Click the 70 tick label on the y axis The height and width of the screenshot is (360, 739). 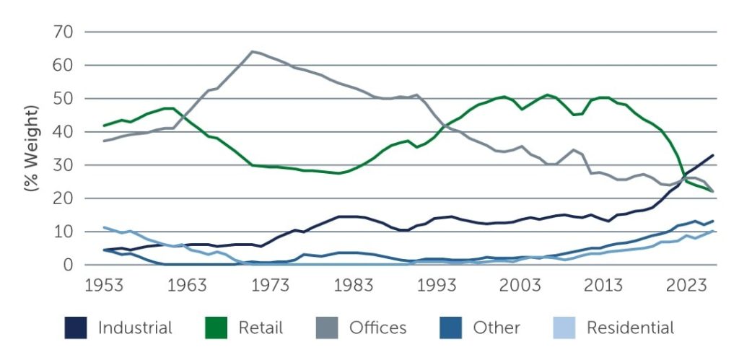pyautogui.click(x=64, y=32)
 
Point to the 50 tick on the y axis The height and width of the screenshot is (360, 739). pyautogui.click(x=64, y=98)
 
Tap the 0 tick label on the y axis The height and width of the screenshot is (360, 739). pyautogui.click(x=69, y=265)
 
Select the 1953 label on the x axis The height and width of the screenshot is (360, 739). pyautogui.click(x=104, y=286)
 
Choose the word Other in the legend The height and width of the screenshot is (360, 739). pyautogui.click(x=497, y=328)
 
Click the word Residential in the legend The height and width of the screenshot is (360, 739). pyautogui.click(x=630, y=328)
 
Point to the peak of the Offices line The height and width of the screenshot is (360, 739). pyautogui.click(x=252, y=51)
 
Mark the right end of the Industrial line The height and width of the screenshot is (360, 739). pyautogui.click(x=713, y=155)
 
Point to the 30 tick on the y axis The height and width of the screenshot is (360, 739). pyautogui.click(x=64, y=164)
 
